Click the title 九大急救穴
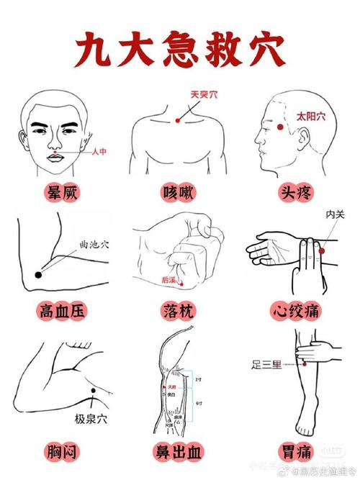coord(180,48)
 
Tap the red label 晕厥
coord(61,192)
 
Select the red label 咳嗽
coord(179,192)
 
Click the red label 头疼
coord(297,192)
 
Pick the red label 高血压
coord(61,311)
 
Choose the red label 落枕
coord(179,311)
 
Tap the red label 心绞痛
coord(297,311)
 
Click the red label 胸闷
coord(61,451)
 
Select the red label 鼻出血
coord(179,451)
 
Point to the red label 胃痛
coord(297,451)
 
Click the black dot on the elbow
coord(38,274)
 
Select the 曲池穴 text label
coord(94,245)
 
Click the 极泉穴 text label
coord(91,418)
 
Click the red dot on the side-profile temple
coord(279,127)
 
